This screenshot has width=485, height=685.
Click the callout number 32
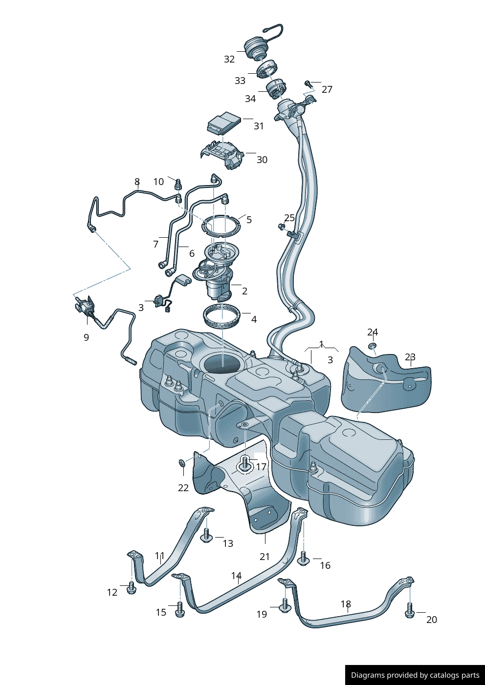(x=229, y=59)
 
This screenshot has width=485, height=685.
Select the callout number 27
(x=327, y=89)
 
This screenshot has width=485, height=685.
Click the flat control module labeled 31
(x=225, y=122)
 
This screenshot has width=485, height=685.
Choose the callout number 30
(x=262, y=160)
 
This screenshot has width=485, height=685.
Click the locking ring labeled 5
(x=221, y=226)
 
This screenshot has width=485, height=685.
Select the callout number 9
(x=87, y=337)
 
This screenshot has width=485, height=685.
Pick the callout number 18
(x=346, y=604)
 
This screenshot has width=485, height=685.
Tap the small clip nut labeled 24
(x=372, y=346)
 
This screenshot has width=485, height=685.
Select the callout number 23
(x=410, y=357)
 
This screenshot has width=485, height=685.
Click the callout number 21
(x=265, y=557)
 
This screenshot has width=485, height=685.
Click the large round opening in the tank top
(x=222, y=364)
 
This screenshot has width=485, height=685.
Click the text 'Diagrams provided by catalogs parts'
(x=415, y=675)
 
